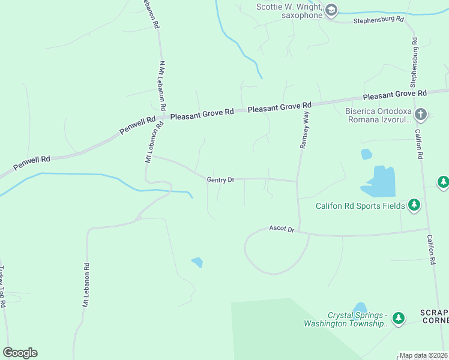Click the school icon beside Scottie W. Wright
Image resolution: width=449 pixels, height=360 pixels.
[x=331, y=10]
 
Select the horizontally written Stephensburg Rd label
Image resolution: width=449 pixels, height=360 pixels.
[x=378, y=20]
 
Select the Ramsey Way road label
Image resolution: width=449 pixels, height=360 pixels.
[x=305, y=130]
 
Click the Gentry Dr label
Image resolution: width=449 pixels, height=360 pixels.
[x=220, y=179]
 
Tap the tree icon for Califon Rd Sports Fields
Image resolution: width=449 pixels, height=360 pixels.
[x=414, y=206]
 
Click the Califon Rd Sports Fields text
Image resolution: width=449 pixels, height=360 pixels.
[x=360, y=206]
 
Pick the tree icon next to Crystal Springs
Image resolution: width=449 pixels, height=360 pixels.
[x=399, y=318]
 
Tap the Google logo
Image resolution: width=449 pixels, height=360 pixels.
[x=20, y=353]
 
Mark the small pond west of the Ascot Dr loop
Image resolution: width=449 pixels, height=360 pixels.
[x=197, y=262]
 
